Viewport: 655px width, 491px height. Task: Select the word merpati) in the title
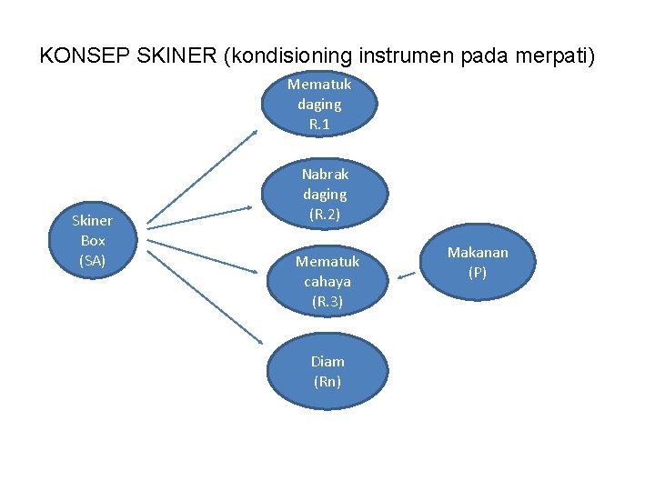(555, 55)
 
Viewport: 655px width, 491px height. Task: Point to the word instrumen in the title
(408, 55)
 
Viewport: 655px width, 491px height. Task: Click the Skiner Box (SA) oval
(93, 241)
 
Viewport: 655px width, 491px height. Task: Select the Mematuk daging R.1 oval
(319, 104)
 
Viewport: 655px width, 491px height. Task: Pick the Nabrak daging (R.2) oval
(325, 194)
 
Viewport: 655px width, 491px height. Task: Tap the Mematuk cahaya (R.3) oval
(327, 281)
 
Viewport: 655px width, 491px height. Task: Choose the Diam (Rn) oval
(327, 371)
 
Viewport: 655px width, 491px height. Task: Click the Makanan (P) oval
(478, 262)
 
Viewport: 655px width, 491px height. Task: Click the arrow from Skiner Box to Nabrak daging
(200, 216)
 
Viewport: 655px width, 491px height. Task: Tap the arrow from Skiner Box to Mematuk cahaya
(200, 256)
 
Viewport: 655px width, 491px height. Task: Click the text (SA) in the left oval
(93, 261)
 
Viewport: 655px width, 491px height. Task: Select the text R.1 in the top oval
(319, 124)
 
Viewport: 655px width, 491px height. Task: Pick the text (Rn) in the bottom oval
(327, 381)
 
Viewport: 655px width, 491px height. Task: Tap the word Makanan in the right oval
(478, 252)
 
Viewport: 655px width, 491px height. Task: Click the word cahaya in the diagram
(327, 281)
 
